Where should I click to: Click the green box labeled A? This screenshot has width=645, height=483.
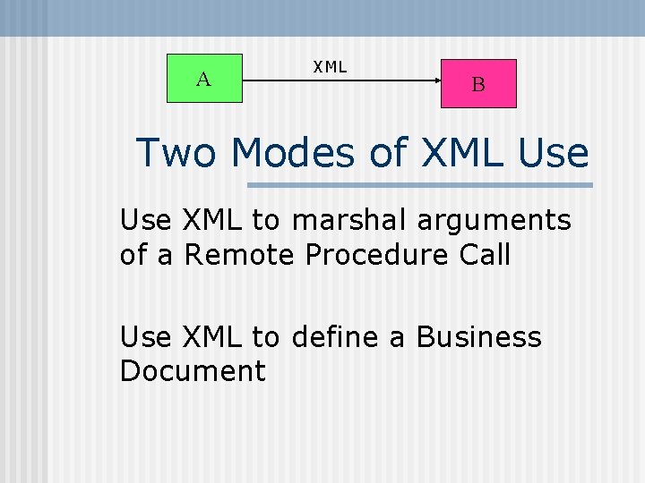(205, 79)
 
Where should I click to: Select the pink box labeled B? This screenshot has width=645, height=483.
(478, 83)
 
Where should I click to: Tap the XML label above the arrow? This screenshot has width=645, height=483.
(330, 66)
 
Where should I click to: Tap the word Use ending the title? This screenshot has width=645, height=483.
(553, 153)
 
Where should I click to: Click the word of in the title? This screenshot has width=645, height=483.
(387, 153)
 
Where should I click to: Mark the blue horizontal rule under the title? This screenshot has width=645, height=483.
(419, 185)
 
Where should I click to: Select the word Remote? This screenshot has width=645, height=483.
(240, 255)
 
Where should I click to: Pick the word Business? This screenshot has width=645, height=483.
(479, 337)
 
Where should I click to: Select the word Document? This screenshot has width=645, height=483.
(193, 371)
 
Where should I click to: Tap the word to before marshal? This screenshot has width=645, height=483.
(266, 220)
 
